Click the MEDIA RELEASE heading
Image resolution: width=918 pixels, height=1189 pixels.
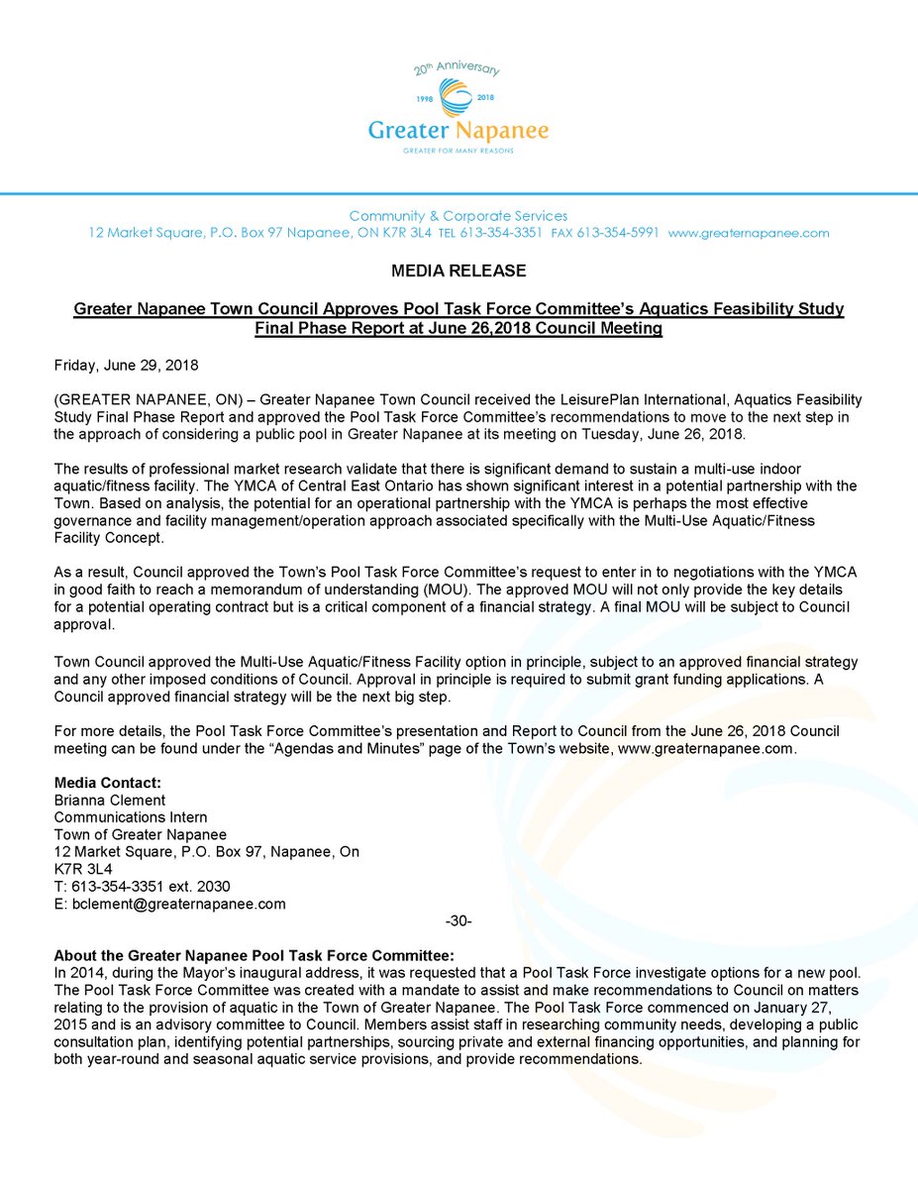(x=458, y=270)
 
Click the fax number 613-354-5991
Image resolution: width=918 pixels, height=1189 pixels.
(x=621, y=234)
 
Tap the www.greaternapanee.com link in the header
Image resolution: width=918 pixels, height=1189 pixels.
(x=749, y=234)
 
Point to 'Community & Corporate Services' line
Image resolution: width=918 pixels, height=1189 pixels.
(x=458, y=216)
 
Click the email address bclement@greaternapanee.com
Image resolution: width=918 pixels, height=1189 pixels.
(x=170, y=904)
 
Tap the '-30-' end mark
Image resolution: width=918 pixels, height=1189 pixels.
(x=459, y=921)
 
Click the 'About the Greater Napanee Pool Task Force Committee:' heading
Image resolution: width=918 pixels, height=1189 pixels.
(x=254, y=956)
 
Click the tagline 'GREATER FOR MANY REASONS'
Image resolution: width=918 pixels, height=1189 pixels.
(x=458, y=152)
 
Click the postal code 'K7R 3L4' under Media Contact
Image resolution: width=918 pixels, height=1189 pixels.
(x=83, y=869)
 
